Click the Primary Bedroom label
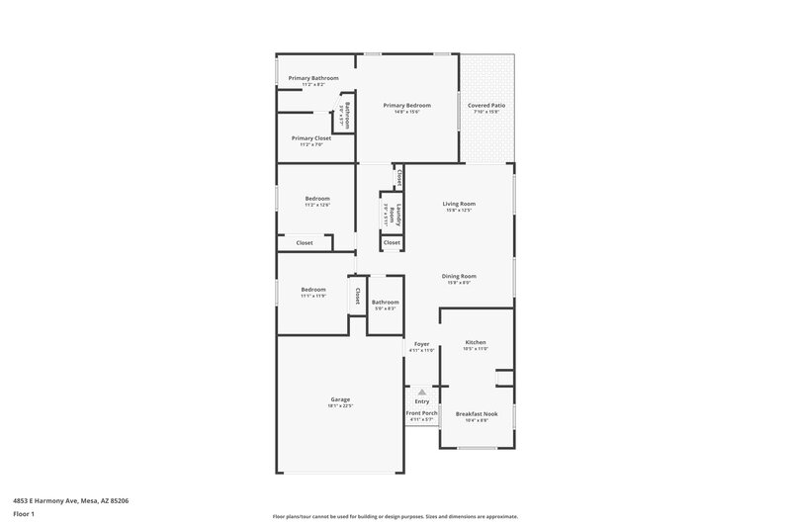click(x=406, y=105)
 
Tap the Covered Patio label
click(x=485, y=105)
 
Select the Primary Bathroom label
click(x=313, y=78)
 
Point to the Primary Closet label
click(x=310, y=138)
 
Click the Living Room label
click(x=459, y=204)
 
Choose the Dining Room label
click(x=459, y=276)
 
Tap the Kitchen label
click(x=476, y=342)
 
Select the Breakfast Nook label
click(x=476, y=413)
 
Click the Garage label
click(x=340, y=399)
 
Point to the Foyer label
click(x=421, y=343)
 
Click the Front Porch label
click(x=421, y=413)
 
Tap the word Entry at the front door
click(x=422, y=401)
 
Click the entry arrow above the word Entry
click(x=422, y=392)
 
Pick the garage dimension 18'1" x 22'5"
click(x=340, y=406)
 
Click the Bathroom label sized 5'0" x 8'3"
click(x=385, y=303)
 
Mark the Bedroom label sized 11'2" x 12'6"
click(x=317, y=199)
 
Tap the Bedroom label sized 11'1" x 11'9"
click(x=312, y=290)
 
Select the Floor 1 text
click(x=25, y=515)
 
